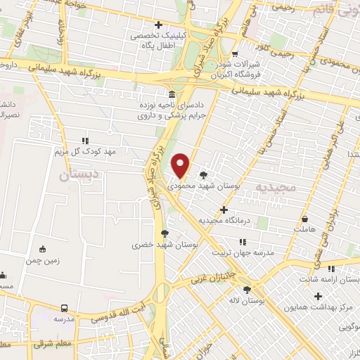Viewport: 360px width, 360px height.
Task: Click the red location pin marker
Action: (x=181, y=165)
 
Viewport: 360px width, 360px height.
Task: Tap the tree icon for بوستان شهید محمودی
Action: (x=204, y=175)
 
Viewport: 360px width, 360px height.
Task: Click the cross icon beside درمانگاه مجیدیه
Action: (x=224, y=210)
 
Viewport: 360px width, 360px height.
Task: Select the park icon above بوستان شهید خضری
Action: (x=165, y=233)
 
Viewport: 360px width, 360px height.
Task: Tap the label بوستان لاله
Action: (x=247, y=300)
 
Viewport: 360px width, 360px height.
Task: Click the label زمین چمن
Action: (x=42, y=259)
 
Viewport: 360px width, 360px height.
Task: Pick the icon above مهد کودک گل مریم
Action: (x=85, y=141)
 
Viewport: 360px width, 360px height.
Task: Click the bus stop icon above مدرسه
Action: (x=64, y=308)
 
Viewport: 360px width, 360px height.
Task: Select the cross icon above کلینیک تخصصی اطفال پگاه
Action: (x=159, y=25)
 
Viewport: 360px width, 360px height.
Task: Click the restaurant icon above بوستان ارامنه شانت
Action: (x=330, y=269)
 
